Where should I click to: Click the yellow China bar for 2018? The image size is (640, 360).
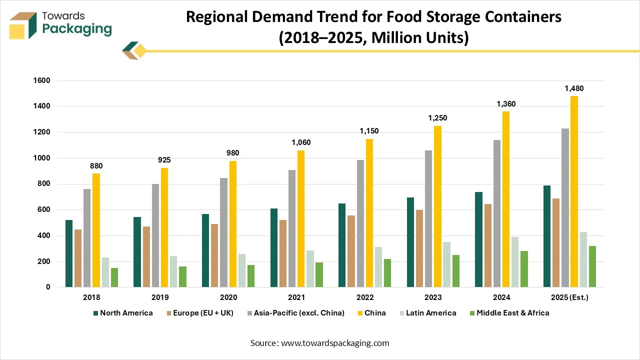coord(96,230)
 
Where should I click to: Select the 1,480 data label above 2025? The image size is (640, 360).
coord(574,88)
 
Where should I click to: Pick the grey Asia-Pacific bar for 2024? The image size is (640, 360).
coord(497,213)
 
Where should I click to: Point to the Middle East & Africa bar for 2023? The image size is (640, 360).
coord(456,271)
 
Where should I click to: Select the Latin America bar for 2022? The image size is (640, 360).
coord(379,267)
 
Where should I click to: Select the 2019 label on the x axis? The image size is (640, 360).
coord(160,297)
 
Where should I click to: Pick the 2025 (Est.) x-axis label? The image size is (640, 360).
coord(569,297)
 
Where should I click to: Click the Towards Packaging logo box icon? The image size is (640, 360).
coord(23,25)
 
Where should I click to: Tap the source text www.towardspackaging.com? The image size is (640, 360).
coord(334,343)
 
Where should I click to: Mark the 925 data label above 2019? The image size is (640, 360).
coord(164,160)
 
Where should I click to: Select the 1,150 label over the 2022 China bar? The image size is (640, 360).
coord(369,130)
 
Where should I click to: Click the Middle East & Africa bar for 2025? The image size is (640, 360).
coord(592,266)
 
